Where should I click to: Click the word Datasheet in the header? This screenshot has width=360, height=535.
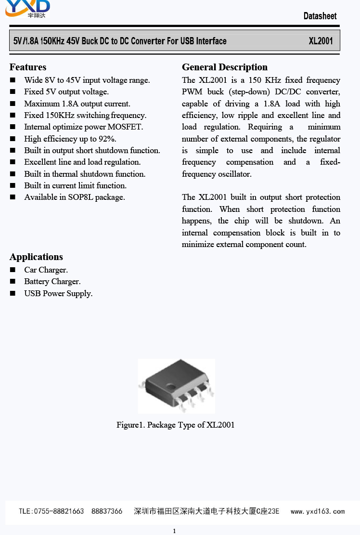320,16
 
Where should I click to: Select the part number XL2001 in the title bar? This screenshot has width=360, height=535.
321,41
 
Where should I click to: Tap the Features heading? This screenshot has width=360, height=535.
28,67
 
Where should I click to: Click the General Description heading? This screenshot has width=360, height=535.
225,67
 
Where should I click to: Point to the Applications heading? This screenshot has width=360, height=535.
36,257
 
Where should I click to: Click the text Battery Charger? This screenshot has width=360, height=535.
52,281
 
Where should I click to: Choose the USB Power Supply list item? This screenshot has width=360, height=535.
58,293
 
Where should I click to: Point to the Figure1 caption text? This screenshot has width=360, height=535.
175,425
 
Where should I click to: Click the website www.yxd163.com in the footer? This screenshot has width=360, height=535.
317,511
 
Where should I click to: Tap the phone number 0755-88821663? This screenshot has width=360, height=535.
58,511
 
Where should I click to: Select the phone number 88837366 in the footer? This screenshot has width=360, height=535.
106,511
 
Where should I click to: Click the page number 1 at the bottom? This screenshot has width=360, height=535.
174,531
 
